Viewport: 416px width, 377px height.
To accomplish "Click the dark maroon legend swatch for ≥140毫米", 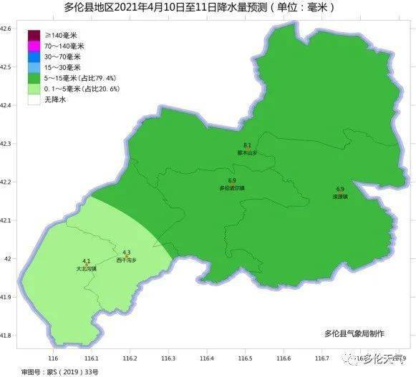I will (x=34, y=34).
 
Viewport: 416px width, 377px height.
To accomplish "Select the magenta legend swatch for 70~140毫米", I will (x=34, y=45).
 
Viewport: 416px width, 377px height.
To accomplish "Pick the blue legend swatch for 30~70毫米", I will (x=34, y=56).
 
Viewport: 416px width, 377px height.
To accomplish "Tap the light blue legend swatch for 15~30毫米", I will (x=34, y=67).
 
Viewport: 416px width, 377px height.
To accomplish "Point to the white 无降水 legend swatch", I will (x=34, y=100).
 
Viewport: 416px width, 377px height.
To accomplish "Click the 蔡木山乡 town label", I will (x=247, y=152).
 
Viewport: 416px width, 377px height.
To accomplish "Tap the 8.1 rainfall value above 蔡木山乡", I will (x=247, y=145).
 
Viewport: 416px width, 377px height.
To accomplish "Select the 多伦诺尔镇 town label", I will (x=232, y=188).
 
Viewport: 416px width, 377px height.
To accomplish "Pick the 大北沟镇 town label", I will (x=86, y=268).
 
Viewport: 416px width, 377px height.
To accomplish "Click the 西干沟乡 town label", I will (x=127, y=260).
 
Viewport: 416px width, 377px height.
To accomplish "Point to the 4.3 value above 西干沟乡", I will (x=127, y=253).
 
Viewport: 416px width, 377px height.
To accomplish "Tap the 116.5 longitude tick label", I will (x=245, y=358).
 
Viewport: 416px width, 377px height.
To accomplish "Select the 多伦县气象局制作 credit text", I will (x=354, y=333).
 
